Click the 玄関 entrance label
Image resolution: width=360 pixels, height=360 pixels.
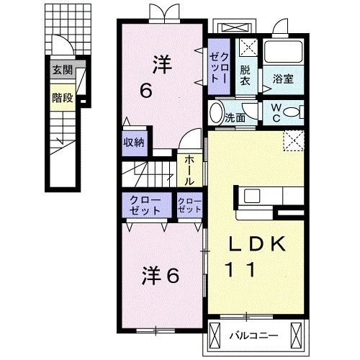click(63, 71)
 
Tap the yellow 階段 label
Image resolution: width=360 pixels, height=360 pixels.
click(63, 98)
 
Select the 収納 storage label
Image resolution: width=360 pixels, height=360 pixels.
click(134, 142)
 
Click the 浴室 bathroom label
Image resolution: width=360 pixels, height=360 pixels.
click(282, 79)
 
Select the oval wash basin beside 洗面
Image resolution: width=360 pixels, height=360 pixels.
click(217, 114)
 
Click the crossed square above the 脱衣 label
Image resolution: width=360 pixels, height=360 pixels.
click(246, 48)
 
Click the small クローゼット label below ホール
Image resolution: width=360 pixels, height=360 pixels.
click(189, 205)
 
